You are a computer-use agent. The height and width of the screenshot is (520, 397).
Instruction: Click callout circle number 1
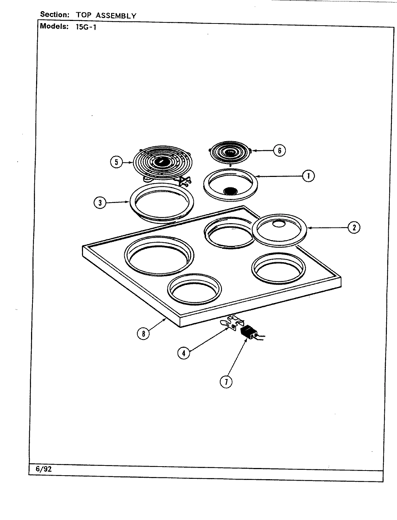point(308,176)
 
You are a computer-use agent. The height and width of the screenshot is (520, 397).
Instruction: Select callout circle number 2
point(354,227)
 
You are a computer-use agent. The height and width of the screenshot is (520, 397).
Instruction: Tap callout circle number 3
point(100,203)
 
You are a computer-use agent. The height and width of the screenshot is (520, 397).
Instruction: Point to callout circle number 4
point(183,353)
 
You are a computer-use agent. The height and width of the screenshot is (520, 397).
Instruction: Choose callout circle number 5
point(116,162)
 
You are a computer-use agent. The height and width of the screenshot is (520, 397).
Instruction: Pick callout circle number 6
point(279,150)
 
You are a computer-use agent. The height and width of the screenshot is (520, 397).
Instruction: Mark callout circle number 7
point(226,382)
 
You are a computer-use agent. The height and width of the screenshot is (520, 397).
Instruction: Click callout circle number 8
point(143,333)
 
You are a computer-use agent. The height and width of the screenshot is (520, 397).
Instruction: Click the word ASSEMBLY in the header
point(115,16)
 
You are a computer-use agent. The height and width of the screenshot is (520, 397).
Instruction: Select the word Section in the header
point(54,15)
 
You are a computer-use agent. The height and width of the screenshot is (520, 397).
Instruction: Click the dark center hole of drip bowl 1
point(230,191)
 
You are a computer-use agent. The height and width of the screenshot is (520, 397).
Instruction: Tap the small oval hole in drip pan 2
point(278,224)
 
